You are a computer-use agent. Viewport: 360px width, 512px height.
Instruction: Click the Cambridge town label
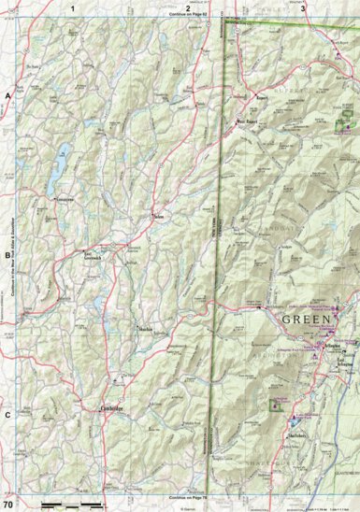click(x=112, y=407)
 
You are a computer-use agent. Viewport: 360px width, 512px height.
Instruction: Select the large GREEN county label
click(x=307, y=320)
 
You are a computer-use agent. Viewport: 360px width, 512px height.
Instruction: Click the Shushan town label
click(x=145, y=330)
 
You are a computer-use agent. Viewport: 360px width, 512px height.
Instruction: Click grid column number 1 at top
click(x=73, y=7)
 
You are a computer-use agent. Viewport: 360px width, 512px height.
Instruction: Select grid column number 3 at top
click(x=302, y=7)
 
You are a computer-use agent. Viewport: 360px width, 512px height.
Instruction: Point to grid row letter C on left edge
click(x=7, y=415)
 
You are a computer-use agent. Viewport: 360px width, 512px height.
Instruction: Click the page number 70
click(x=7, y=505)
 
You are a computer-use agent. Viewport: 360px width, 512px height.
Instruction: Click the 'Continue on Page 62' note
click(x=187, y=16)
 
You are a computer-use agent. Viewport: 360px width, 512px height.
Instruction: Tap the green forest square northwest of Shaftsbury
click(x=275, y=405)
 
